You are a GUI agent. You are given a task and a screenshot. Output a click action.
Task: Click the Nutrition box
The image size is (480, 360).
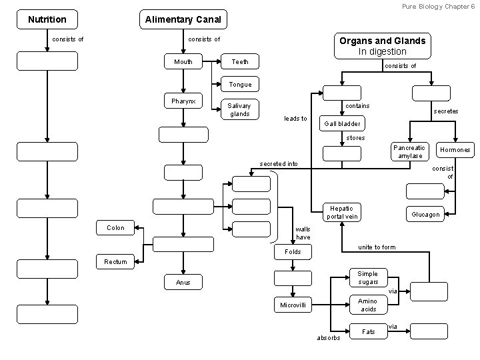tap(47, 19)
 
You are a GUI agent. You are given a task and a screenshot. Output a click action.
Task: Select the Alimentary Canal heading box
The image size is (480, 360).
tap(183, 19)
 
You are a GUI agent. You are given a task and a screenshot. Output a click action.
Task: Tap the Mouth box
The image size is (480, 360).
tap(183, 62)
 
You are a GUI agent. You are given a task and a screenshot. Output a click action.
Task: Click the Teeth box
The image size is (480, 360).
tap(240, 62)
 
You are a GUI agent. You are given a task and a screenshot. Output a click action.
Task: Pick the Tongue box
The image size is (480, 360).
tap(240, 85)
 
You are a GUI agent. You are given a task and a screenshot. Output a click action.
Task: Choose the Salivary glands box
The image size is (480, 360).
tap(239, 109)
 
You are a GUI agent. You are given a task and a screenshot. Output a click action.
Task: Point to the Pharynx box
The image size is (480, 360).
tap(183, 101)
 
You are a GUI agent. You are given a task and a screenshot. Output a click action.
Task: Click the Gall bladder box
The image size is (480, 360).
tap(342, 123)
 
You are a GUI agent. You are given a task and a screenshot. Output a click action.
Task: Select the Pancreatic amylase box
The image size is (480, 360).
tap(409, 152)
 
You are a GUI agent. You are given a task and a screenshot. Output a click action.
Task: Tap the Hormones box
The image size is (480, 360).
tap(455, 150)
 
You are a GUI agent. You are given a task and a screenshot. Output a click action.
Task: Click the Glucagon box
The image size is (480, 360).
tap(425, 214)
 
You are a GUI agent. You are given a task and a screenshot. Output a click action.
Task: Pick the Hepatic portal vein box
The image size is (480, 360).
tap(342, 212)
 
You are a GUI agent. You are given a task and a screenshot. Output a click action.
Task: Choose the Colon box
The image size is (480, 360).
tap(115, 228)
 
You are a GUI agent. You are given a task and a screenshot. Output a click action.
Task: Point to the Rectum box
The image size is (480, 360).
tap(115, 262)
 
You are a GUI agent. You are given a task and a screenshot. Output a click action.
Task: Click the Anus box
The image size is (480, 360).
tap(183, 283)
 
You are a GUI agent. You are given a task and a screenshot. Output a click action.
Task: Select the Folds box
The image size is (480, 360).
tap(293, 252)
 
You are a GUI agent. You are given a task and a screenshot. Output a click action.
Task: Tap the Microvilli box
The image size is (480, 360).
tap(293, 305)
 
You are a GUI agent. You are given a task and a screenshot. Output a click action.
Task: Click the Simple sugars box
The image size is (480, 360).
tap(368, 278)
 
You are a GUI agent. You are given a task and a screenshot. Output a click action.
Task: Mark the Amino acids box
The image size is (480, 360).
tap(368, 305)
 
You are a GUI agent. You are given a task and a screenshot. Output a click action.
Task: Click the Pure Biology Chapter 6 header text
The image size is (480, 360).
tap(438, 5)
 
